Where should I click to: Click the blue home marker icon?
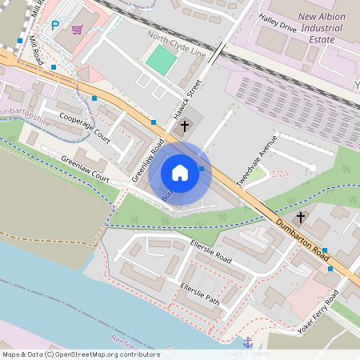180,173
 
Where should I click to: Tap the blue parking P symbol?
55,26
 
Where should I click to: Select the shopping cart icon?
77,30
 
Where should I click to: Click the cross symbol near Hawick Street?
185,126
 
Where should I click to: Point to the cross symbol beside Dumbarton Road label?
301,217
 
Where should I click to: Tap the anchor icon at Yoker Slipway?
247,342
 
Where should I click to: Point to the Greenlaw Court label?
85,167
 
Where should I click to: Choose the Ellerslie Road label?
211,251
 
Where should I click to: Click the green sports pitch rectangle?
162,60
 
